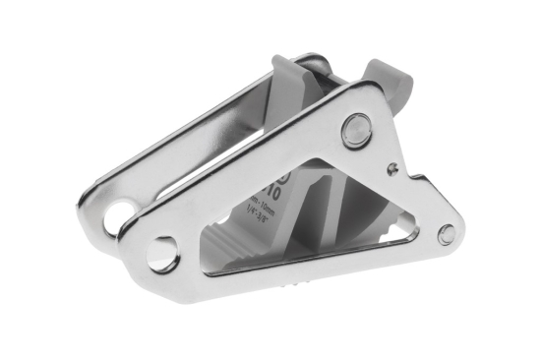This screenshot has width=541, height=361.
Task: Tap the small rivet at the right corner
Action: [x=447, y=234]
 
